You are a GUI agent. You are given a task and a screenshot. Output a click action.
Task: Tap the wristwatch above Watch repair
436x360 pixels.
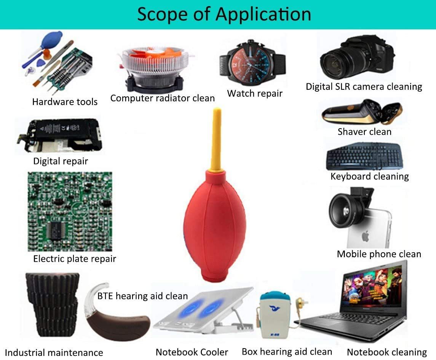pos(252,63)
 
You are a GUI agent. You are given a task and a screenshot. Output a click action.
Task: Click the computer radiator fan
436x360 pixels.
pos(155,68)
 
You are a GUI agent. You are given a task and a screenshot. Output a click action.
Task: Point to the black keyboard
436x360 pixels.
pos(365,156)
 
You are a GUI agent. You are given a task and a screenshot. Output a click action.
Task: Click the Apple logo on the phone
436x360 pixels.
pos(366,237)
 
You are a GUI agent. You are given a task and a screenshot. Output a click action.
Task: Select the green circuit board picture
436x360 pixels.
pos(70,212)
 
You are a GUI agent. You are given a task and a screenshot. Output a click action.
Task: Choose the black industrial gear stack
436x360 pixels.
pos(52,304)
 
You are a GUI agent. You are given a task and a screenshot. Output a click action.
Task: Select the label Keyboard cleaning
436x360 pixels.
pos(369,176)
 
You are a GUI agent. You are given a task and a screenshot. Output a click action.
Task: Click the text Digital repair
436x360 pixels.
pos(60,161)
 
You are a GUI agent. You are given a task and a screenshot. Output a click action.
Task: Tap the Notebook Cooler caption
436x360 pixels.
pos(192,352)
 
